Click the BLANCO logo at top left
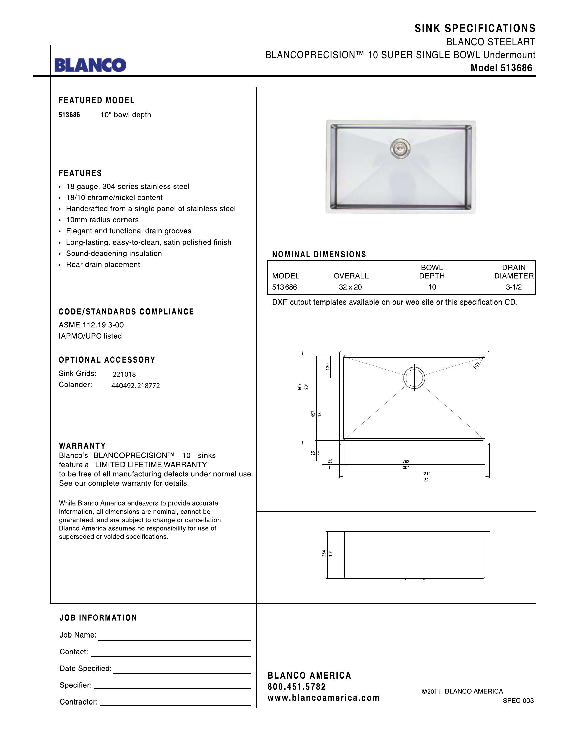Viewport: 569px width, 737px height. point(90,65)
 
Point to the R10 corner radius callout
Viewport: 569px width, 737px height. point(476,365)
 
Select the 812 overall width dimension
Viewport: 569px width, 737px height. point(427,474)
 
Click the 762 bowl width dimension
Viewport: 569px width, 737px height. point(406,461)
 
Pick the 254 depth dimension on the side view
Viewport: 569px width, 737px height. point(324,553)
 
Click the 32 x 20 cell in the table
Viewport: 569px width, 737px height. point(350,287)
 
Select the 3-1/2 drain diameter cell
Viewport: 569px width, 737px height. point(514,287)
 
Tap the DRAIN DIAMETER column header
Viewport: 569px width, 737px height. point(514,272)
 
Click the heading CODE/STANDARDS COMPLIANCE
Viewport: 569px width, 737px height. point(127,312)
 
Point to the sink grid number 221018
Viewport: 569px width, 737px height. point(124,374)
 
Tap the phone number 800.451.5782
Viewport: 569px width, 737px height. point(297,687)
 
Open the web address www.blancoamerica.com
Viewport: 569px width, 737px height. point(323,698)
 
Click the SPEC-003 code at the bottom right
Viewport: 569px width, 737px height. point(518,701)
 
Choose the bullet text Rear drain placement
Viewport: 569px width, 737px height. point(103,265)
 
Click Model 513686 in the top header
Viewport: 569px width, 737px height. point(501,68)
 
